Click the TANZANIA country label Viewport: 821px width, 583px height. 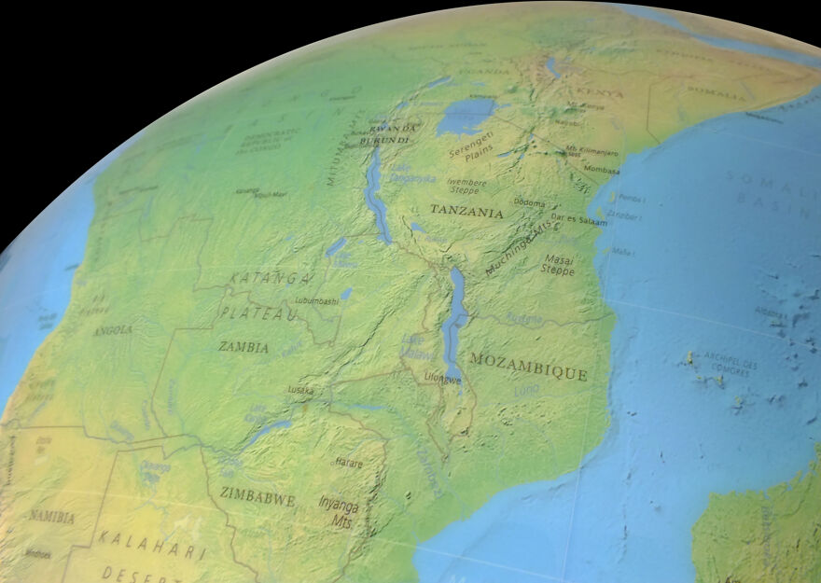(466, 212)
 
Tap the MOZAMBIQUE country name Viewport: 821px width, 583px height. (529, 366)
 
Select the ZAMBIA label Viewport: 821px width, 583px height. (244, 346)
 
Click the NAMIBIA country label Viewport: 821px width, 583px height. (51, 515)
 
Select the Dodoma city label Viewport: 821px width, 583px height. (529, 202)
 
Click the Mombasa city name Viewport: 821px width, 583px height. (603, 170)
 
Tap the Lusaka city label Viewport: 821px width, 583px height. (300, 390)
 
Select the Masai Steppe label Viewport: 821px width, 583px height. (558, 264)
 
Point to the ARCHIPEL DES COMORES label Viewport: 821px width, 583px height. (728, 363)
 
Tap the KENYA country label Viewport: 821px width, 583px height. (599, 92)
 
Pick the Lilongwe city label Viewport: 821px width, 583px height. (442, 380)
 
